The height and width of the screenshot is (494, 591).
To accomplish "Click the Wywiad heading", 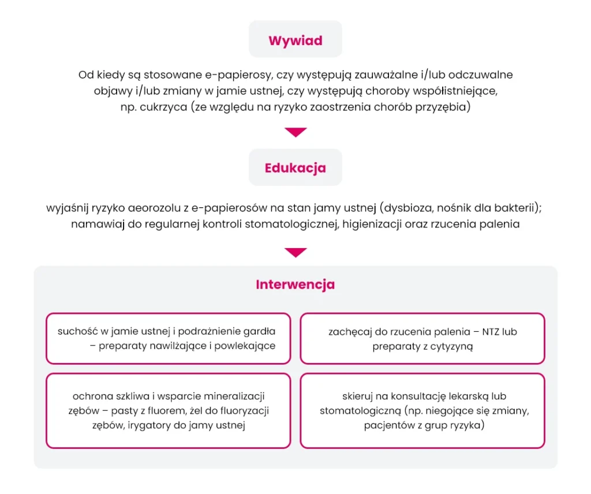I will [x=295, y=41].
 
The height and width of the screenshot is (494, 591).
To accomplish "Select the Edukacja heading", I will [x=295, y=168].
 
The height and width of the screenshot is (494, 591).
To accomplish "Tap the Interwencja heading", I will [x=295, y=285].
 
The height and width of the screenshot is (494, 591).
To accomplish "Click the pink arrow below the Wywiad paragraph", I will [x=295, y=133].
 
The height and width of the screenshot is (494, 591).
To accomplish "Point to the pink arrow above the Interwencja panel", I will [x=295, y=253].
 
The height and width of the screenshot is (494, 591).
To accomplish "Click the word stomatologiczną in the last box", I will [x=360, y=411].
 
